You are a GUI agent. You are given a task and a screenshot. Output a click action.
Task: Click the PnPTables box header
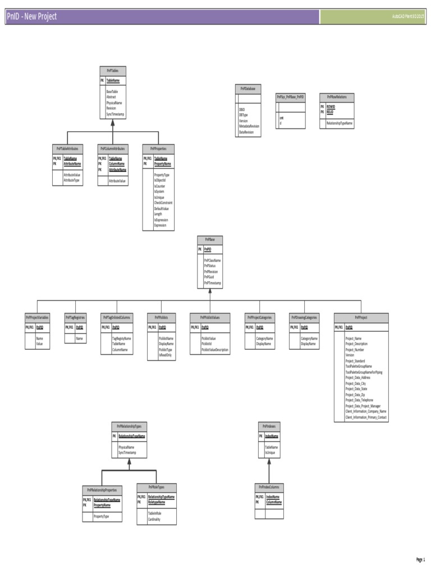click(112, 71)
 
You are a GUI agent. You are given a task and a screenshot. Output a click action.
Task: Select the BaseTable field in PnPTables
click(112, 91)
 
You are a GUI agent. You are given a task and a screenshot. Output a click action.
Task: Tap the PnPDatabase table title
click(248, 89)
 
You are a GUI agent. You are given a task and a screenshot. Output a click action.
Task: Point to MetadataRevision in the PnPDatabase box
click(249, 126)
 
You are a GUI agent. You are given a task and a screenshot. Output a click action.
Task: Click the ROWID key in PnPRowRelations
click(331, 106)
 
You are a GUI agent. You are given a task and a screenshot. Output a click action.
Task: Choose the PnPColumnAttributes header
click(112, 149)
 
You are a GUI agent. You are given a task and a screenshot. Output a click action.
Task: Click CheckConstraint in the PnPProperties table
click(163, 202)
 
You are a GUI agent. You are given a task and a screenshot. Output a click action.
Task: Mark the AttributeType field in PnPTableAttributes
click(72, 180)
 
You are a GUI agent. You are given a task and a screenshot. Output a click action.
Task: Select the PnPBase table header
click(210, 239)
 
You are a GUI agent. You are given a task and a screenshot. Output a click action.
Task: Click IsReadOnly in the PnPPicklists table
click(165, 355)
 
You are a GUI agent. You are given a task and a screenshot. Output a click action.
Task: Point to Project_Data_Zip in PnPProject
click(355, 395)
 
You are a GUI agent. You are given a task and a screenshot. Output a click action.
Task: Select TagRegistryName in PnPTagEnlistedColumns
click(122, 339)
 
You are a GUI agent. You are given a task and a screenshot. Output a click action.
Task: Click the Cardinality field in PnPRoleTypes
click(154, 520)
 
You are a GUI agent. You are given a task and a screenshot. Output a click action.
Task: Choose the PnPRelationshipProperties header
click(102, 489)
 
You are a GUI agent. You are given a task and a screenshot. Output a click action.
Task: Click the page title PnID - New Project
click(32, 17)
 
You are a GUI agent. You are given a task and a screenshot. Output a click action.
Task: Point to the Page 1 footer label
click(420, 559)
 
